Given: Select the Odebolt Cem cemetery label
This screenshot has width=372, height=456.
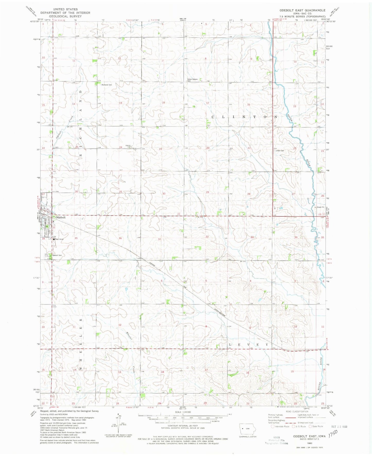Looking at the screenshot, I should point(57,255).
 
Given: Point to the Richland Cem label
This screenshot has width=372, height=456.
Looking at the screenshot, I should point(107,85).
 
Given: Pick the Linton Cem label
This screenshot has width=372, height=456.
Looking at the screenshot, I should point(280,151).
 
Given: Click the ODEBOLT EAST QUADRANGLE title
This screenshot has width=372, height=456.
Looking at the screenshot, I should point(302,10).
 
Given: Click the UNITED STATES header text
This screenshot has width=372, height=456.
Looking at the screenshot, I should point(65,9).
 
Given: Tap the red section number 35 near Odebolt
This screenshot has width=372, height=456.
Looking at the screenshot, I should point(76,238).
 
